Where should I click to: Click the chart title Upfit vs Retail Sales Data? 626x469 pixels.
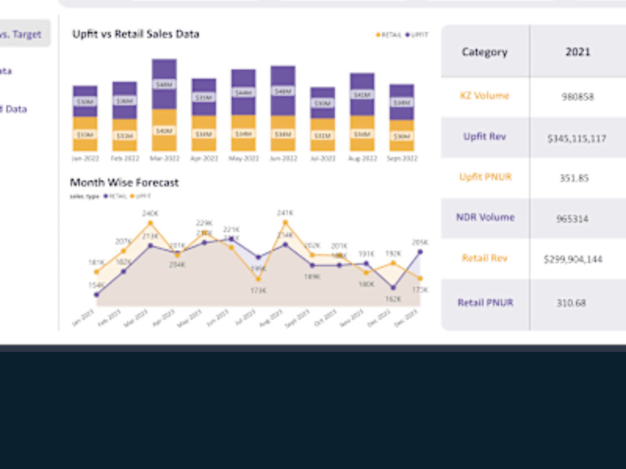click(136, 34)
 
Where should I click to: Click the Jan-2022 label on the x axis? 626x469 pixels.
click(85, 159)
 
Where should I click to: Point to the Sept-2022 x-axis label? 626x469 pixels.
click(401, 159)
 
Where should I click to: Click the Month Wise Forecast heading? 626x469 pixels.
click(124, 183)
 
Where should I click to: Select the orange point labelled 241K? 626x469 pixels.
click(285, 222)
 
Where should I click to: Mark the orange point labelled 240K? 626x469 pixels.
click(150, 223)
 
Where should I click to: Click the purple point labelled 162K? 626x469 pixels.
click(393, 288)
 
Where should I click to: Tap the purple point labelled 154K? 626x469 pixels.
click(96, 295)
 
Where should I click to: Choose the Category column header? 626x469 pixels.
click(485, 52)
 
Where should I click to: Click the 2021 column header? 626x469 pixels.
click(578, 52)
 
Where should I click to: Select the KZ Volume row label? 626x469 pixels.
click(485, 96)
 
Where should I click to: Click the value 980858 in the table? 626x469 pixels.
click(578, 97)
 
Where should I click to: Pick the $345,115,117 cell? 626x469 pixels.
click(577, 138)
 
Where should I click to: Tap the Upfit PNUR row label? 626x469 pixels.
click(485, 177)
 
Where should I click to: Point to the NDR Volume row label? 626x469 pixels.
click(485, 218)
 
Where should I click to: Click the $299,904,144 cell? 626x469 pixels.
click(573, 259)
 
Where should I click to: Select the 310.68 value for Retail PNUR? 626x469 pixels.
click(571, 303)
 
